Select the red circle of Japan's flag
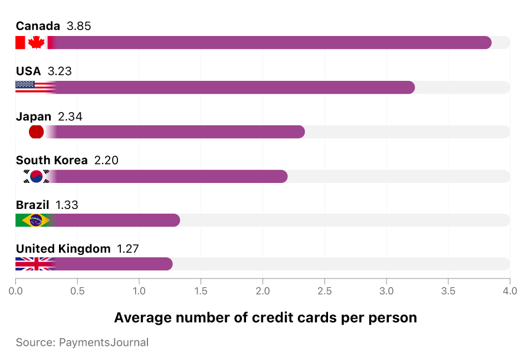tap(36, 132)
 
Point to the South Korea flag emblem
tap(36, 176)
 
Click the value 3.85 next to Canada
tap(79, 26)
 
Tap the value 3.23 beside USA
tap(60, 71)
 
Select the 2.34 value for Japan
tap(70, 116)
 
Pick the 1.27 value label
tap(128, 248)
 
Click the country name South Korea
tap(51, 161)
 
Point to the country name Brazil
tap(32, 205)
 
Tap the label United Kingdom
tap(63, 248)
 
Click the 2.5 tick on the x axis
tap(324, 291)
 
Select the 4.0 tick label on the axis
tap(510, 291)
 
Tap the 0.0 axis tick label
tap(16, 291)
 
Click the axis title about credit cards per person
tap(265, 318)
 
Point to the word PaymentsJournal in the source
tap(104, 342)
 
